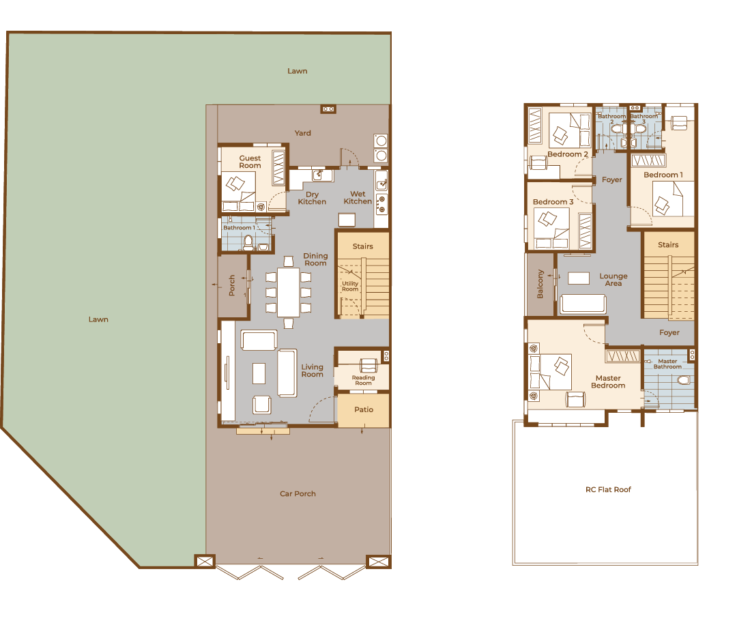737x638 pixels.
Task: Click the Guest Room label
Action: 250,162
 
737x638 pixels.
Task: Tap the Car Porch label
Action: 298,493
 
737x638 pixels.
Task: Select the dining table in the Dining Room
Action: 288,292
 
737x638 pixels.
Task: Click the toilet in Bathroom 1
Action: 248,243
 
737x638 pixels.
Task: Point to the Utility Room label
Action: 350,287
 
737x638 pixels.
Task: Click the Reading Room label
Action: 363,380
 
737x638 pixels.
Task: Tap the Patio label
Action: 364,409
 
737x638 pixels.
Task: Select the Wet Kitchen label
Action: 358,197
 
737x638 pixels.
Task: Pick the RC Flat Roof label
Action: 608,489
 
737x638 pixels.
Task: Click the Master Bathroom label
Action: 667,364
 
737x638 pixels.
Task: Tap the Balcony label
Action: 540,284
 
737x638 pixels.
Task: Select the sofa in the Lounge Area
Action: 583,303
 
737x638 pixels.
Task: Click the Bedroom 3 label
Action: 553,202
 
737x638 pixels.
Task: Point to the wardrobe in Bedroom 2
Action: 536,126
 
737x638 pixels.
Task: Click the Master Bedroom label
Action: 608,381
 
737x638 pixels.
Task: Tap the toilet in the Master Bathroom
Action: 684,380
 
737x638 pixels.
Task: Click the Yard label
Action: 303,133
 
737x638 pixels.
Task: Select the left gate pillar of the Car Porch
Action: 205,562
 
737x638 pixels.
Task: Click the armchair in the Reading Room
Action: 369,365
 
